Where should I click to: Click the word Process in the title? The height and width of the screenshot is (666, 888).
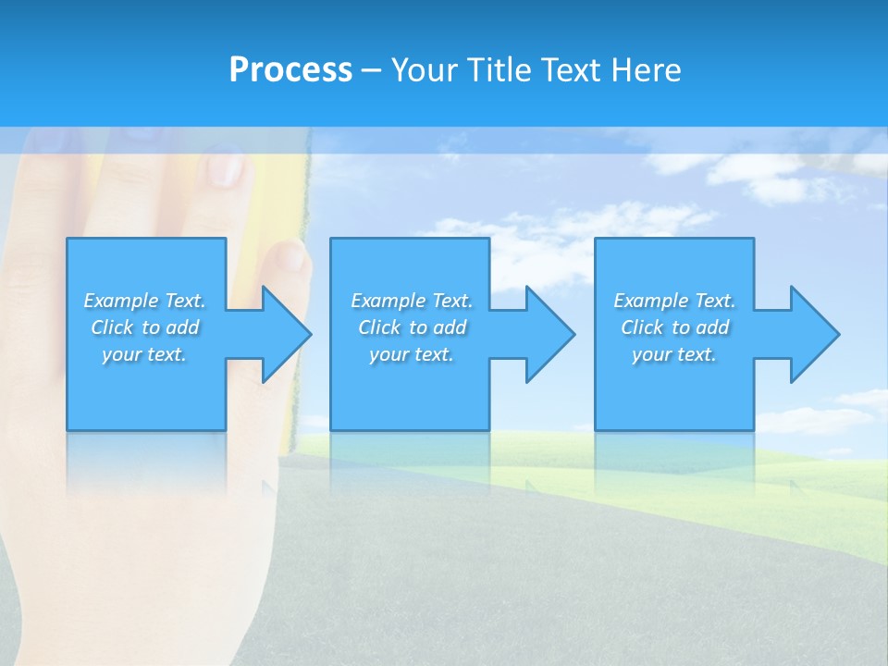pos(290,70)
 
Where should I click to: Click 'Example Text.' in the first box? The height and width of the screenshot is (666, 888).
pos(144,301)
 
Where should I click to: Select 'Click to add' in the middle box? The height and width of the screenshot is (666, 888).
pos(412,327)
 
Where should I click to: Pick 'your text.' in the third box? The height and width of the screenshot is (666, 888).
pos(674,354)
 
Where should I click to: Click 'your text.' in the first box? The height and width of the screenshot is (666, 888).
pos(144,354)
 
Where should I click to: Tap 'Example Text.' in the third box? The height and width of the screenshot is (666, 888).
pos(674,301)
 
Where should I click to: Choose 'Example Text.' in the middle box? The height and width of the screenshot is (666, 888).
pos(412,301)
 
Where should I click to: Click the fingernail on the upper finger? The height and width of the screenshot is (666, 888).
pos(226,168)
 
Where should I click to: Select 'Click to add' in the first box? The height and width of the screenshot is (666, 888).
pos(144,327)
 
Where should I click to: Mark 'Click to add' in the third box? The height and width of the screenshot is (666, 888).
pos(674,327)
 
